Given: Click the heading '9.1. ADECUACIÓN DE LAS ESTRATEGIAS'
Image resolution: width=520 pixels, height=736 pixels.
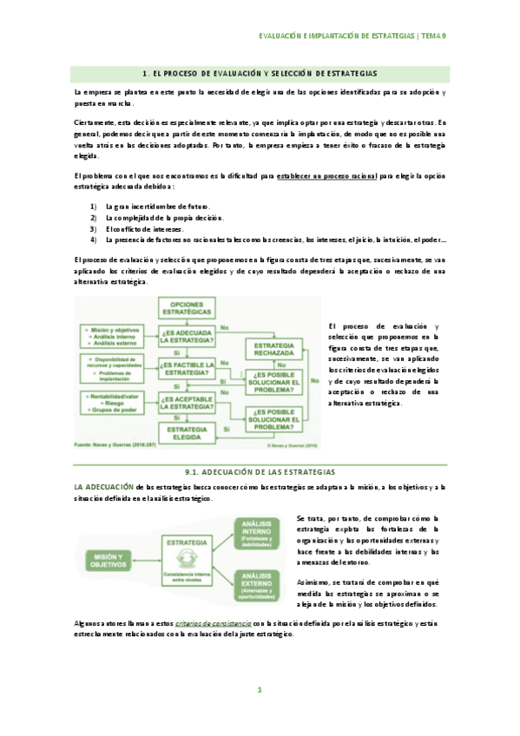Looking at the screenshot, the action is click(x=260, y=471).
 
